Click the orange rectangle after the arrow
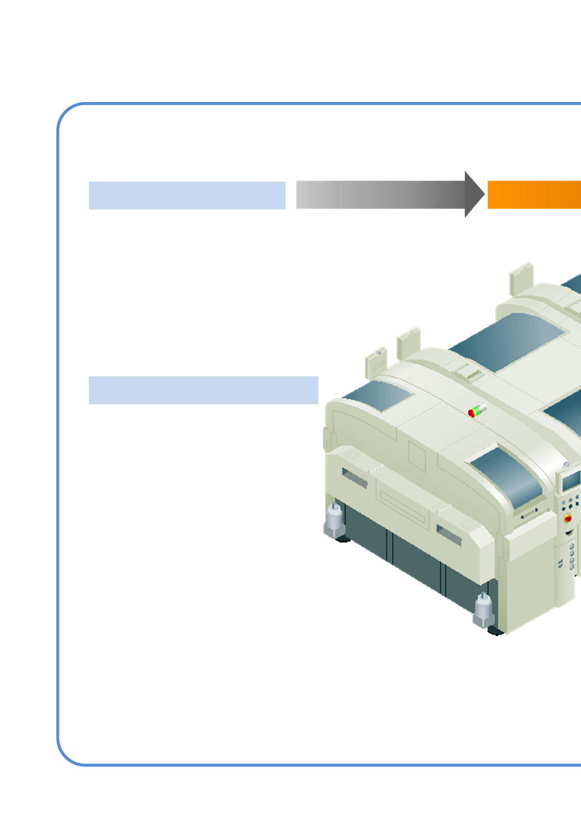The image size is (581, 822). (x=534, y=194)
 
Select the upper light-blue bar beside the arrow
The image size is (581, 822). (x=187, y=195)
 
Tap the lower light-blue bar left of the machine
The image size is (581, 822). (x=203, y=390)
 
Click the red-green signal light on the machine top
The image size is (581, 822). (x=477, y=411)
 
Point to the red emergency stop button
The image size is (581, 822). (x=568, y=518)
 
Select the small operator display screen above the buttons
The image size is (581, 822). (x=570, y=481)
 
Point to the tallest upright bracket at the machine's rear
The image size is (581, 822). (x=521, y=278)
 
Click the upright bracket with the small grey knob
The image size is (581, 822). (x=376, y=362)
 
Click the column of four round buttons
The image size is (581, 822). (x=572, y=557)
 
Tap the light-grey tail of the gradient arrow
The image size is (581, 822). (x=318, y=194)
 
